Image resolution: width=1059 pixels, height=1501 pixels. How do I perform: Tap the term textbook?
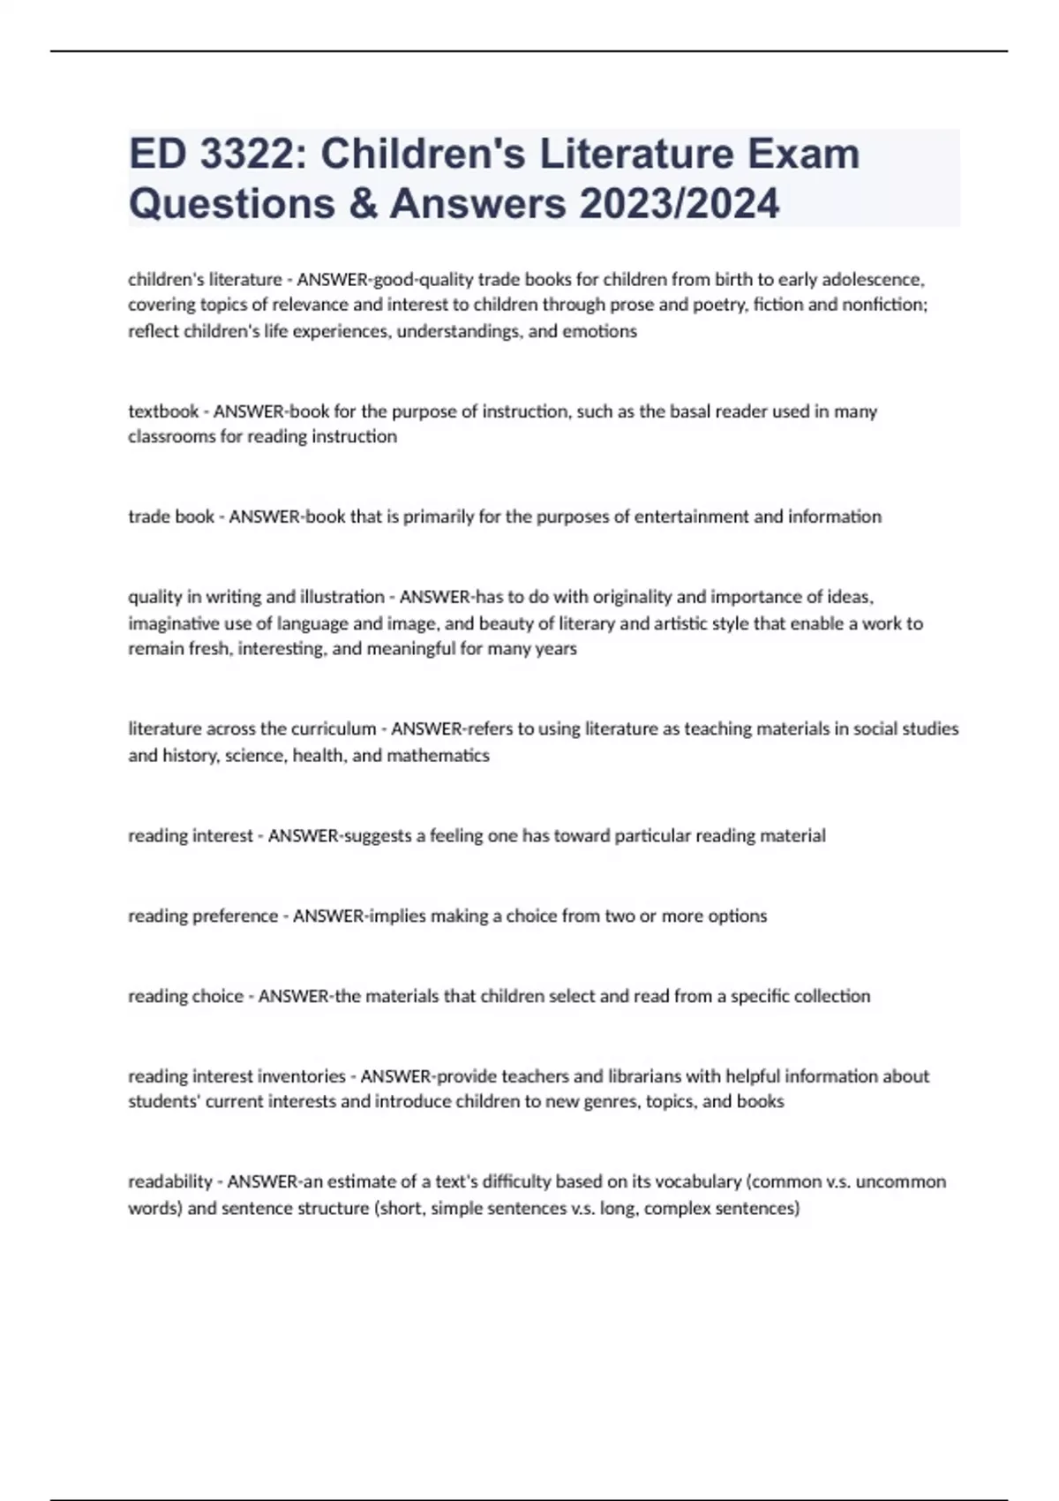tap(163, 411)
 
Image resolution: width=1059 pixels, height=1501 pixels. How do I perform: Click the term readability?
tap(170, 1182)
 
